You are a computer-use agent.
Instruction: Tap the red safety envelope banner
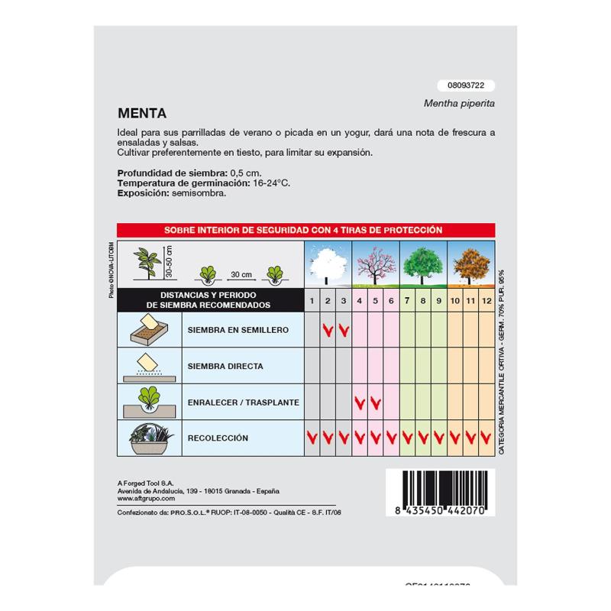(305, 229)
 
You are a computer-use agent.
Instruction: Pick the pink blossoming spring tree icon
(375, 263)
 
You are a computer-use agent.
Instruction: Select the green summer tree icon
(422, 263)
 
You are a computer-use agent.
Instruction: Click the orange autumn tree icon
(470, 263)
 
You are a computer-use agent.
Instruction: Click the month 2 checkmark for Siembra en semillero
(328, 331)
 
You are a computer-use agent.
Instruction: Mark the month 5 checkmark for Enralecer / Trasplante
(375, 402)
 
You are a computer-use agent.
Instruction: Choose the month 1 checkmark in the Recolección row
(312, 438)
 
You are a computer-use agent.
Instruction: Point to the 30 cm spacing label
(241, 273)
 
